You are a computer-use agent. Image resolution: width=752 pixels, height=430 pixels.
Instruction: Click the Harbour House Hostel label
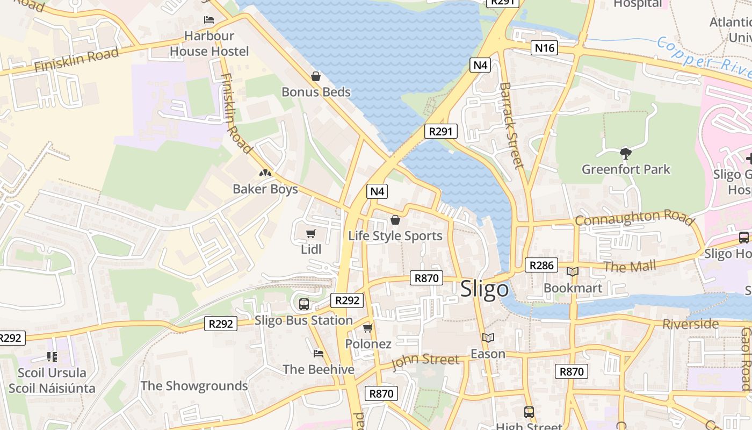209,44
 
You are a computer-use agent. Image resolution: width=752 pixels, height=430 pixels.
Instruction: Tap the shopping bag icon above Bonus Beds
316,77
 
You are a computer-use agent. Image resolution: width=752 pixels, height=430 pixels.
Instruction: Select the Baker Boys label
265,189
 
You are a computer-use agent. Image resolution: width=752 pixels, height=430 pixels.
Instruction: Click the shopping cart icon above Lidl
310,233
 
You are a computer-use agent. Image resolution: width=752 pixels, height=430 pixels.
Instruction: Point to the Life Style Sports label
395,236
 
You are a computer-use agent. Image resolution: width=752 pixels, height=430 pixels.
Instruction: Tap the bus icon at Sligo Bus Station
303,304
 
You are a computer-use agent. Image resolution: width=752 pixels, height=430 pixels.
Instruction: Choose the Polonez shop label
368,344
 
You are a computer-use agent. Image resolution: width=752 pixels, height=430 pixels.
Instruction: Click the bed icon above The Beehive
318,353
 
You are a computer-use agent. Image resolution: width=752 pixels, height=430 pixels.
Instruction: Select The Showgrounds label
194,386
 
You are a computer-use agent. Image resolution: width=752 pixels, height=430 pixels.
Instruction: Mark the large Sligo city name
485,289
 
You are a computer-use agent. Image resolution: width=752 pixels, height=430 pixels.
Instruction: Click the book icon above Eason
488,338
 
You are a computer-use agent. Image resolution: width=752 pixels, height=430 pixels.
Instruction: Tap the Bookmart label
573,288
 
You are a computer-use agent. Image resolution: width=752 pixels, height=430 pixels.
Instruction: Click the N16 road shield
545,48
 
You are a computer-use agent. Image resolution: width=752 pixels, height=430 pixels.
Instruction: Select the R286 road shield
541,265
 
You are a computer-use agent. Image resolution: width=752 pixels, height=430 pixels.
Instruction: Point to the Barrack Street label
511,125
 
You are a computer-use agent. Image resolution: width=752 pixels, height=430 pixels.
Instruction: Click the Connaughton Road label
634,218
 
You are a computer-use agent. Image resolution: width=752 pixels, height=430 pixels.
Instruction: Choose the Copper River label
704,58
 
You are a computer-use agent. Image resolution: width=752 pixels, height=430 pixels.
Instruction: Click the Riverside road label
690,324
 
